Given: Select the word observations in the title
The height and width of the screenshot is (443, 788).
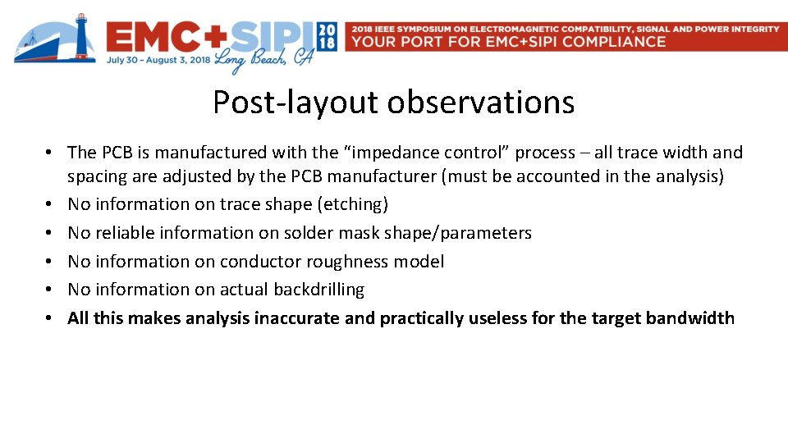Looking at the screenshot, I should point(481,103).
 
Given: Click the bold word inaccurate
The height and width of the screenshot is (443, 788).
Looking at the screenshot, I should point(297,318).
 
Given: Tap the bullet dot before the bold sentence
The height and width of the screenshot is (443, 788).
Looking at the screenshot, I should point(51,318).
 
